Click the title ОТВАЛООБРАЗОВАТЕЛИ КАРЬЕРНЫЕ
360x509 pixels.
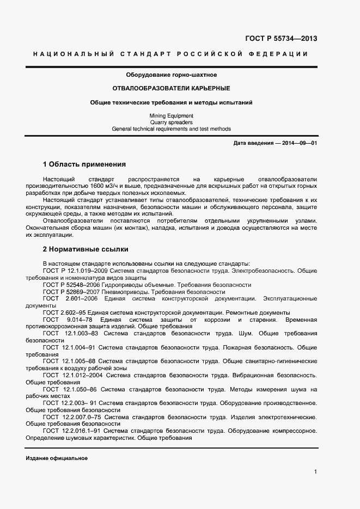tap(171, 88)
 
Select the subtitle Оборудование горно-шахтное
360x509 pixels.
tap(172, 74)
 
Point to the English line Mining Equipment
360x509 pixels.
tap(171, 116)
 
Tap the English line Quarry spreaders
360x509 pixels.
tap(171, 122)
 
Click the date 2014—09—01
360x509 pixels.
tap(298, 143)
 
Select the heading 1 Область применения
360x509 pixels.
tap(84, 164)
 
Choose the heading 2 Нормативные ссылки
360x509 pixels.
tap(86, 249)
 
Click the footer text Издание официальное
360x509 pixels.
tap(57, 458)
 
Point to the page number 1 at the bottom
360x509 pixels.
tap(315, 471)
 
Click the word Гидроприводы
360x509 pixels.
tap(121, 285)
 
